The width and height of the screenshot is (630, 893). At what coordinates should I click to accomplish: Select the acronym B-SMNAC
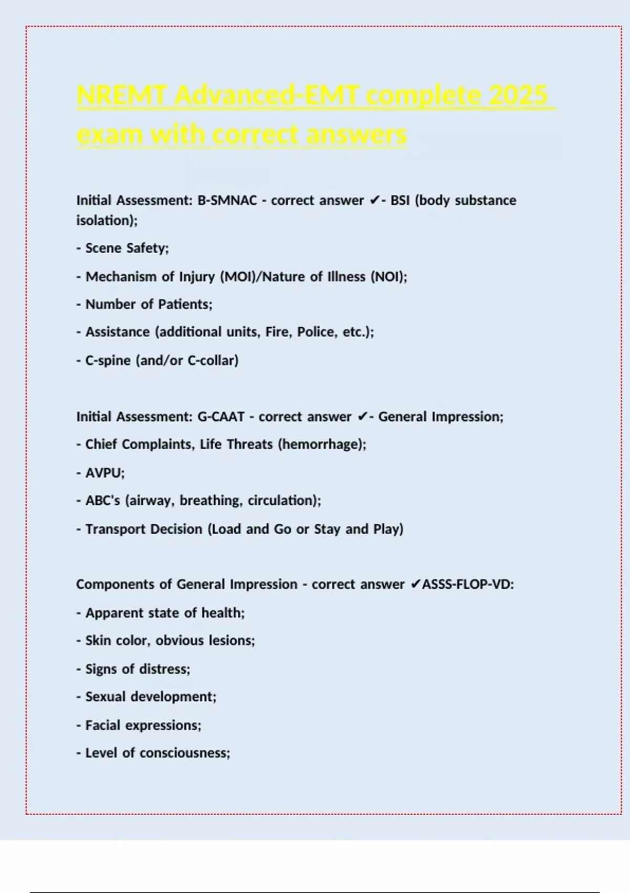pyautogui.click(x=227, y=200)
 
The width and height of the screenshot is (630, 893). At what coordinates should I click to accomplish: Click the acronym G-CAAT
pyautogui.click(x=220, y=417)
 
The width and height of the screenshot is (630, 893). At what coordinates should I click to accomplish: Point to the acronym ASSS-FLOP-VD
pyautogui.click(x=467, y=584)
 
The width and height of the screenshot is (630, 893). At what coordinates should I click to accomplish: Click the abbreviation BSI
pyautogui.click(x=400, y=200)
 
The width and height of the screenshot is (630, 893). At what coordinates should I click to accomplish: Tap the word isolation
pyautogui.click(x=106, y=220)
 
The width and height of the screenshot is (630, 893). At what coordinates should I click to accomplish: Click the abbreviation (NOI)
pyautogui.click(x=388, y=276)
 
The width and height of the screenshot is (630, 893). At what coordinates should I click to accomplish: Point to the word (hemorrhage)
pyautogui.click(x=321, y=444)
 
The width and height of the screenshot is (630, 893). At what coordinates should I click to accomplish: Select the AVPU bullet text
pyautogui.click(x=104, y=473)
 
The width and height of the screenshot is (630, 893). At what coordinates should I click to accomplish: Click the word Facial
pyautogui.click(x=103, y=725)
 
